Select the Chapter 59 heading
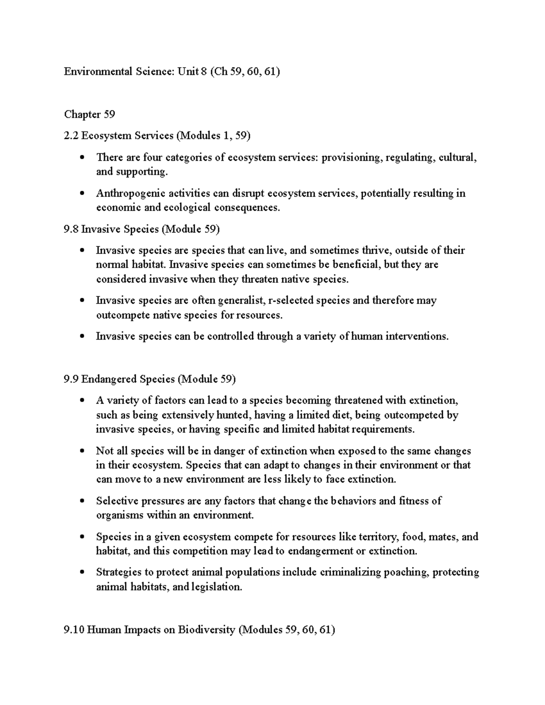tap(89, 114)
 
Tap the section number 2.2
tap(71, 135)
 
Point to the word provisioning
tap(352, 158)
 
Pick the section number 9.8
tap(71, 229)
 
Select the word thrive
tap(377, 250)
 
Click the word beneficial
tap(354, 264)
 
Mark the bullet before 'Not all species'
tap(82, 451)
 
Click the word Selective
tap(117, 501)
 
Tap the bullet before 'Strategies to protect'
tap(82, 572)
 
